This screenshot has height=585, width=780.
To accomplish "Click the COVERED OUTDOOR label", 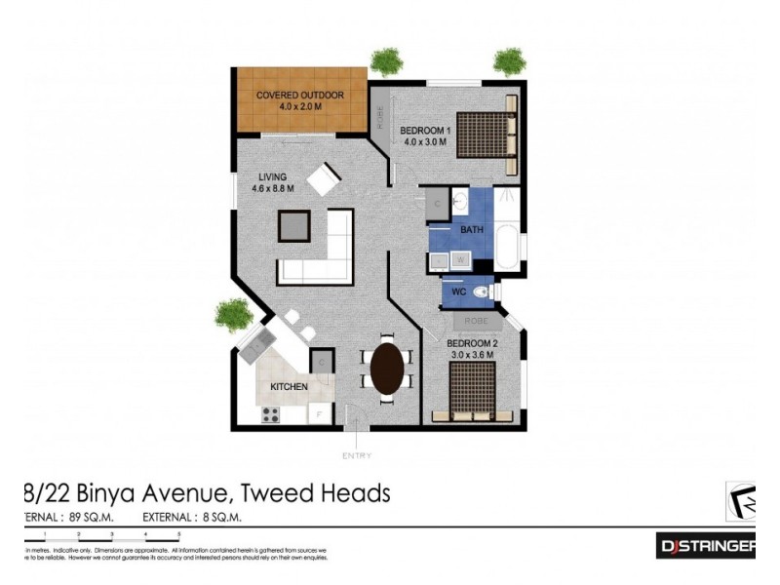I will [300, 95].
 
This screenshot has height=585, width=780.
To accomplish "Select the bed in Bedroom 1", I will [486, 134].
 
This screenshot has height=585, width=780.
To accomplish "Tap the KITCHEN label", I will [289, 387].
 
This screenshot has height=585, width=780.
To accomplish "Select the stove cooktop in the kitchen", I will [270, 414].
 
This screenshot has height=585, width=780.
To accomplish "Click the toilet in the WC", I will [481, 291].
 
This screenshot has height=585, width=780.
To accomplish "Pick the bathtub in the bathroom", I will [507, 248].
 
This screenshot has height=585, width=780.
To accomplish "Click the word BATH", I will [472, 230].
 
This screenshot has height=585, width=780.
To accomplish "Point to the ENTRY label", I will [357, 455].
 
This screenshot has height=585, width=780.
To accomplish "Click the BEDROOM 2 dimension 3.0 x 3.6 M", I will [472, 355].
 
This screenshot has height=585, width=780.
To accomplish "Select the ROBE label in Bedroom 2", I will [475, 320].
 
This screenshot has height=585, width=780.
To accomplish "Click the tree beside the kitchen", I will [234, 314].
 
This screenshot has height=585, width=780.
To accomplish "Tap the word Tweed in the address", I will [269, 493].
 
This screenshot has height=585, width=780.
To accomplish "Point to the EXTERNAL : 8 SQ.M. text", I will [192, 517].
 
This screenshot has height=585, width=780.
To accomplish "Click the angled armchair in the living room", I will [323, 177].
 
